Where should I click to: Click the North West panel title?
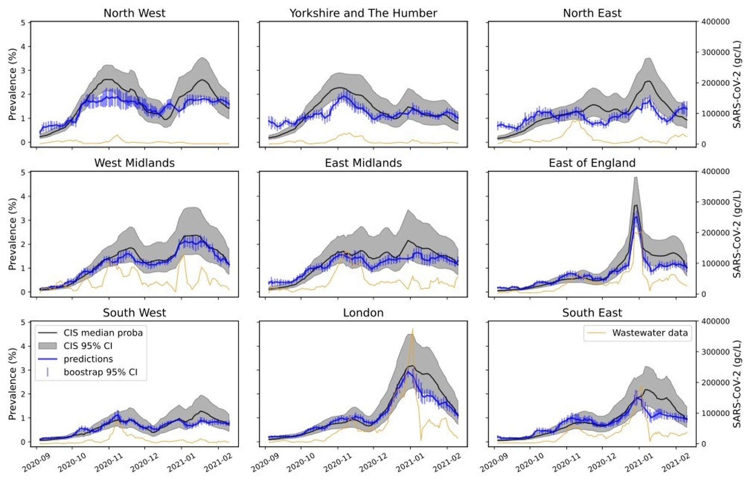134,13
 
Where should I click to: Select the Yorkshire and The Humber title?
363,13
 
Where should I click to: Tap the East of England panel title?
592,163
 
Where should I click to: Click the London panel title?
363,313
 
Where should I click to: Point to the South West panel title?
134,313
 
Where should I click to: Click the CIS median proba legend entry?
103,333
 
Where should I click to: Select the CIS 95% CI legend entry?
88,346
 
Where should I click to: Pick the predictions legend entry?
88,359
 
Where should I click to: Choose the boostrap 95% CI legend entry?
100,372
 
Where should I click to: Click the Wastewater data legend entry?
649,333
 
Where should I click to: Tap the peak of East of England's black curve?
636,206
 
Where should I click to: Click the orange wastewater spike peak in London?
412,329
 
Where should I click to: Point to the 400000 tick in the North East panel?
715,22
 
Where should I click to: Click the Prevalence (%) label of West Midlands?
12,234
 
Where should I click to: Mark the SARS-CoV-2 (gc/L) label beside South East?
737,384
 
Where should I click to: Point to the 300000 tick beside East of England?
715,202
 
